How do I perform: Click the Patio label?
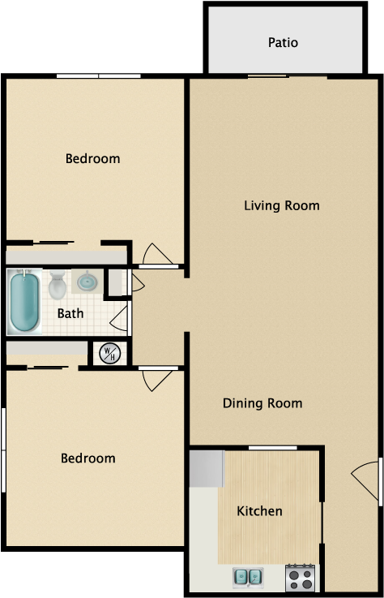tap(283, 42)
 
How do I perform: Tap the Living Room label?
tap(282, 205)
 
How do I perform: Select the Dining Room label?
tap(262, 403)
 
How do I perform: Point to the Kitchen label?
tap(260, 511)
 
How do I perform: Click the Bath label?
tap(70, 313)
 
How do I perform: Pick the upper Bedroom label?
tap(92, 158)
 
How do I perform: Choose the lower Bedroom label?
tap(88, 458)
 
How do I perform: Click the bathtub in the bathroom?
tap(24, 301)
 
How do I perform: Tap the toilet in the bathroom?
tap(58, 285)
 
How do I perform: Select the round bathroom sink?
tap(87, 282)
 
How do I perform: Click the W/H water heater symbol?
tap(109, 353)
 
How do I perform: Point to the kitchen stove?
tap(301, 578)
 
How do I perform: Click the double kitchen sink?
tap(248, 577)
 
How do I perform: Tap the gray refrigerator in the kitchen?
tap(207, 469)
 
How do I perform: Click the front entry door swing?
tap(366, 480)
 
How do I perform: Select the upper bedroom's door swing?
tap(157, 255)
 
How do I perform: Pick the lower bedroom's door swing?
tap(156, 380)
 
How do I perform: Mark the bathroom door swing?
tap(119, 318)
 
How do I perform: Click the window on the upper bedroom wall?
tap(99, 76)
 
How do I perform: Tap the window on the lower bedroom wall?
tap(3, 450)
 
